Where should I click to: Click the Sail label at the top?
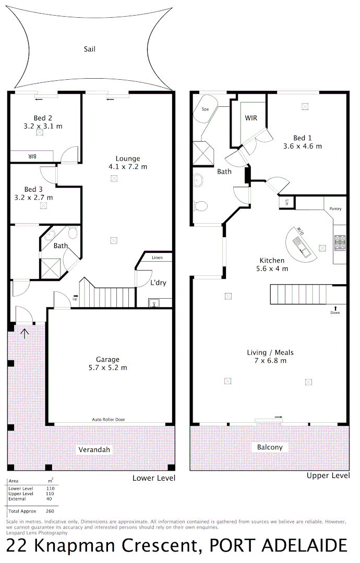coord(89,50)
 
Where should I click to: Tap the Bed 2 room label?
coord(43,118)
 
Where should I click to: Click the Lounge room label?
coord(128,159)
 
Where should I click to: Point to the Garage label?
coord(107,359)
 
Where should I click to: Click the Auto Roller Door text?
coord(109,419)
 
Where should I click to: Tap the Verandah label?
coord(95,449)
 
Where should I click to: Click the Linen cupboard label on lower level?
coord(157,258)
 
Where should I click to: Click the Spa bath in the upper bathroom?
coord(205,109)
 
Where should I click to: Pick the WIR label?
coord(251,118)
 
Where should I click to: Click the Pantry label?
coord(335,209)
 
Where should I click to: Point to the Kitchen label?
coord(272,261)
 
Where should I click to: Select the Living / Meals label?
coord(267,353)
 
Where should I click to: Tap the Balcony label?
coord(270,447)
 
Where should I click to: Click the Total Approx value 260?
coord(50,511)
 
